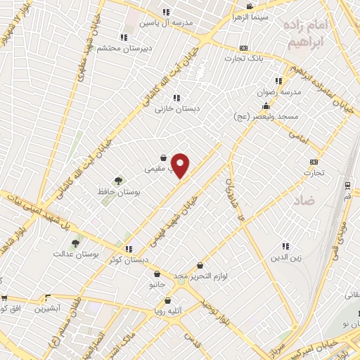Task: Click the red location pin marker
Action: point(181,165)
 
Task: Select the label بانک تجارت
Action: point(249,58)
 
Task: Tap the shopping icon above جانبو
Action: point(157,274)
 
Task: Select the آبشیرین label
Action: point(51,309)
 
